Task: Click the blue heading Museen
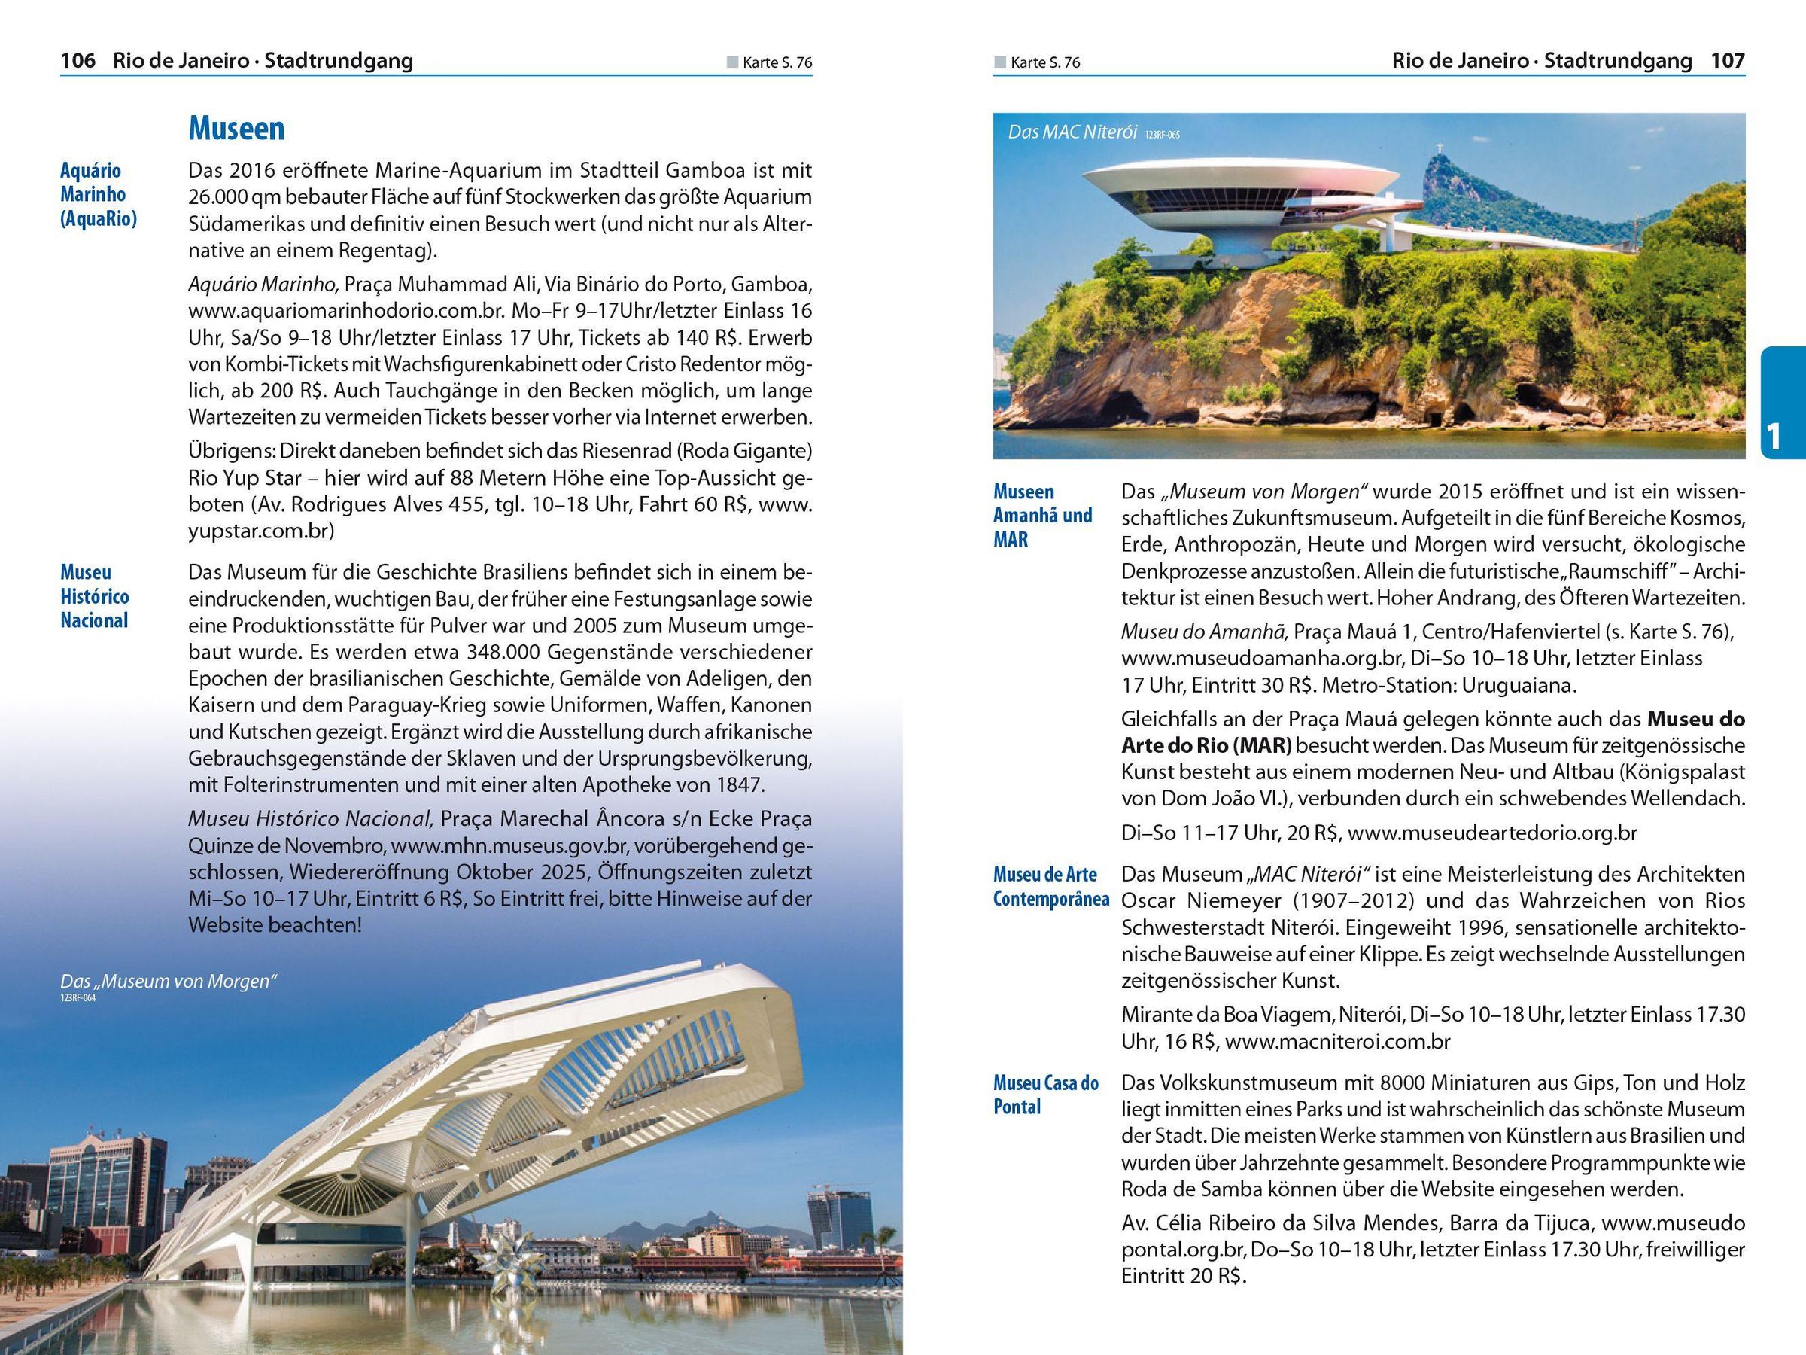click(236, 128)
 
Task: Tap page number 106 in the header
click(78, 60)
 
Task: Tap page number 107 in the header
click(1728, 60)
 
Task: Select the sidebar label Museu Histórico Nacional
click(95, 596)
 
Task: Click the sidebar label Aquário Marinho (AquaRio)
click(98, 194)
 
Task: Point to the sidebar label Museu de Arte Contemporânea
click(1050, 886)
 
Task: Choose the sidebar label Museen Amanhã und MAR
click(1041, 516)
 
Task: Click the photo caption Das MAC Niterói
click(1072, 132)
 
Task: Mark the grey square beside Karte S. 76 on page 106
click(732, 62)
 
